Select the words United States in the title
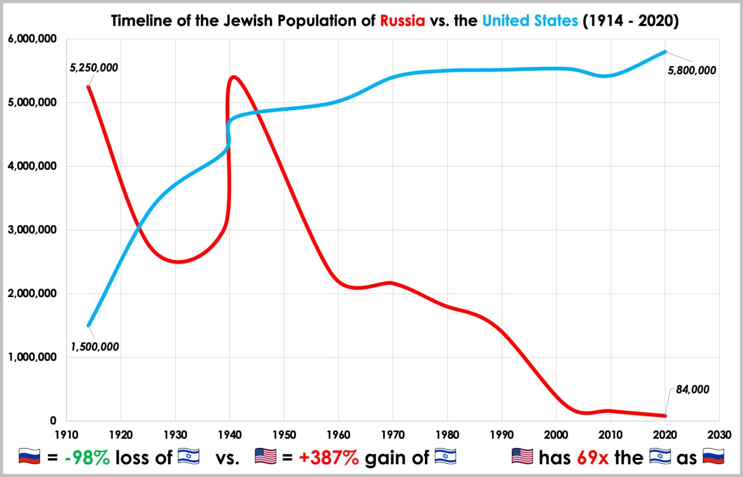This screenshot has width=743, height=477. pos(530,21)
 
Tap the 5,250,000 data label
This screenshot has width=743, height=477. pos(93,68)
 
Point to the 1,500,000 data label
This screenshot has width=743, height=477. pos(95,347)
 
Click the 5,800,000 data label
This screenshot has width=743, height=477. pos(691,71)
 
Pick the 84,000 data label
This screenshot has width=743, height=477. pos(692,389)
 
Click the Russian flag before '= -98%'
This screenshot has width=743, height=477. pos(30,457)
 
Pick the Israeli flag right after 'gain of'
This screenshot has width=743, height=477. pos(445,457)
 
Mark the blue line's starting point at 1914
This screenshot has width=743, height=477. pos(88,326)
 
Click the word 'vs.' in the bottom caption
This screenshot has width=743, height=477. pos(228,457)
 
